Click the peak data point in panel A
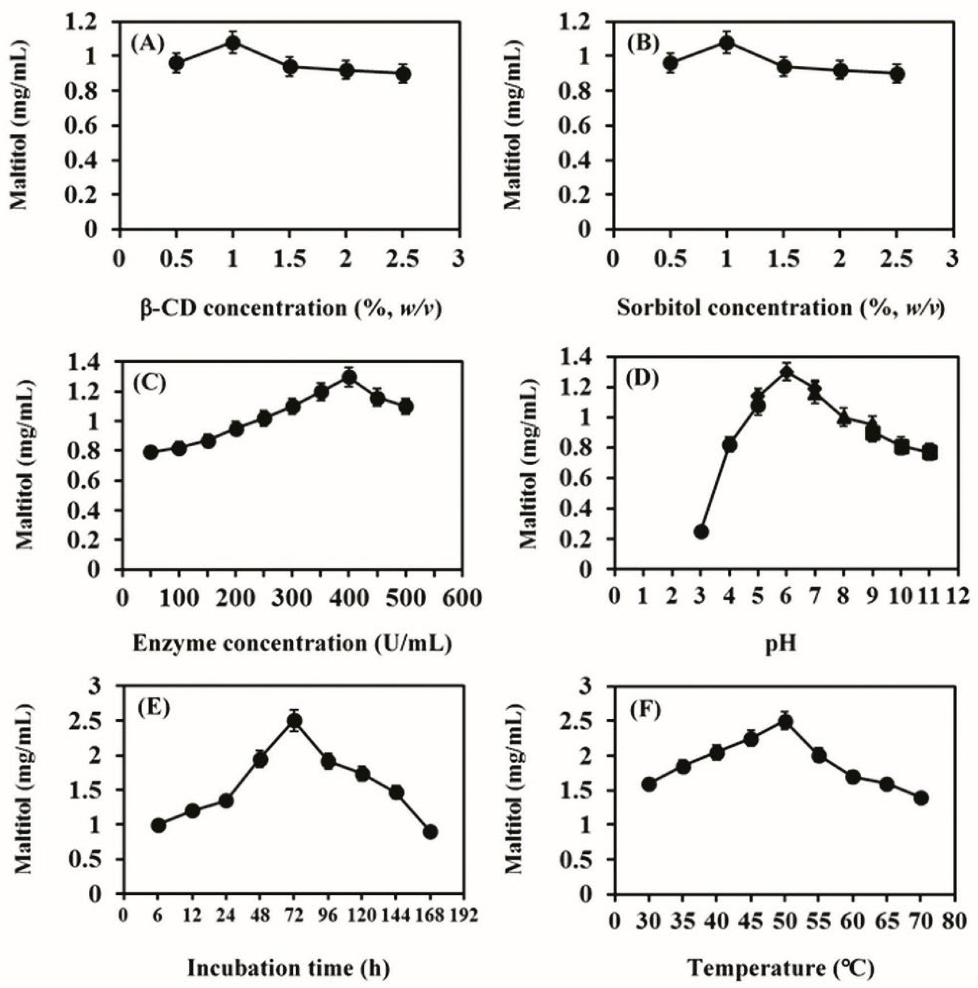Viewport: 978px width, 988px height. (233, 43)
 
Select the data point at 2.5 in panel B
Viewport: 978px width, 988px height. (896, 75)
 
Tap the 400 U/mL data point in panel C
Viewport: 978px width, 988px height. (349, 377)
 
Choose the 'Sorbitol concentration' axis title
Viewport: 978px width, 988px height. (781, 308)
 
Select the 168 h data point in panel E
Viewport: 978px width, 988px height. (430, 832)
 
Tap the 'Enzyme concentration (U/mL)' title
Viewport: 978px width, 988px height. (292, 643)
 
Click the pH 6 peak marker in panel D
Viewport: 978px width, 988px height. (787, 372)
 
